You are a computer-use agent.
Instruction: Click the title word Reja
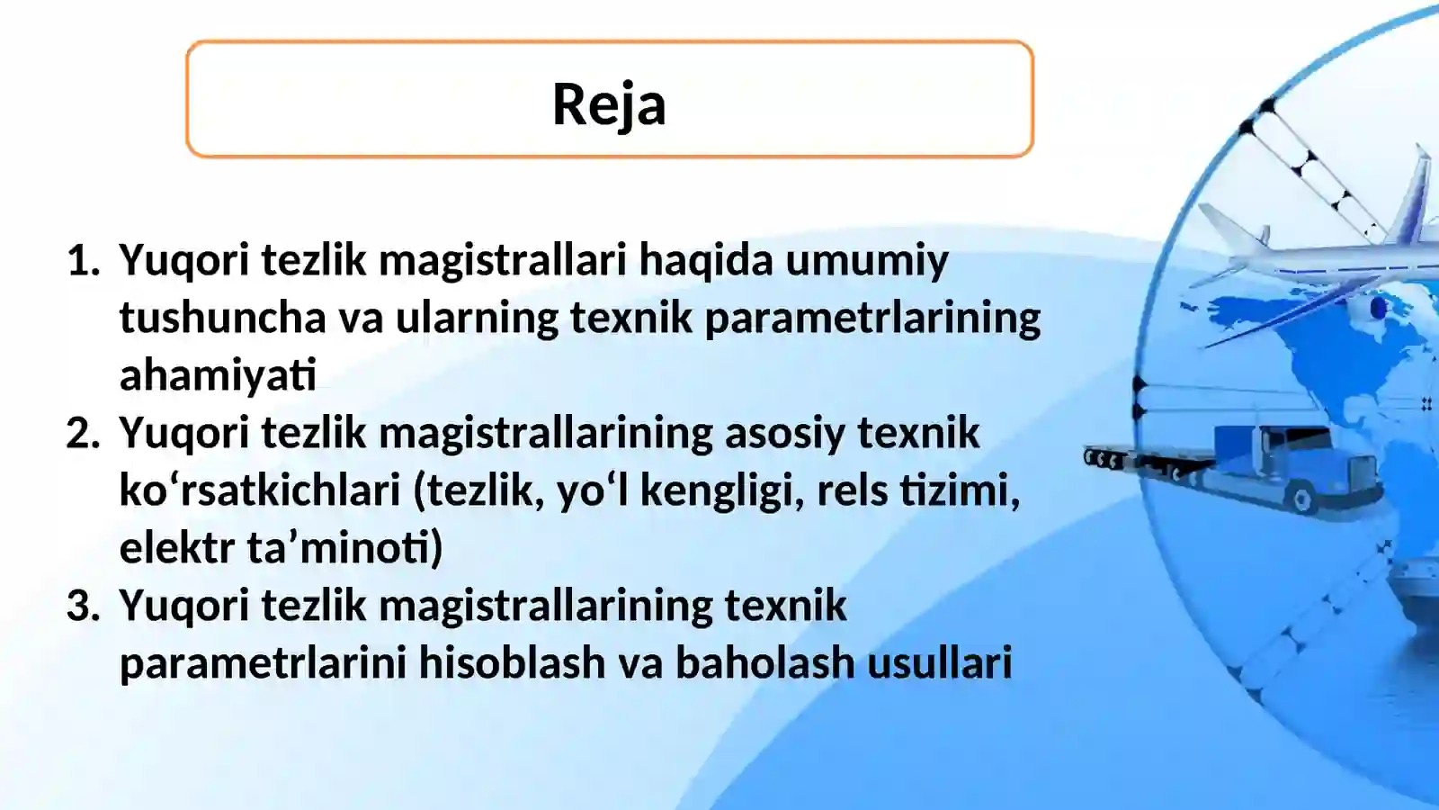[x=609, y=104]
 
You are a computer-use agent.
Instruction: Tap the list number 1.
[x=84, y=261]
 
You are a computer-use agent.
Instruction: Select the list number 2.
[x=83, y=434]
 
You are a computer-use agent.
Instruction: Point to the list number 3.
[x=83, y=607]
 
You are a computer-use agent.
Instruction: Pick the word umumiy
[x=867, y=261]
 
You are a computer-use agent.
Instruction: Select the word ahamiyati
[x=218, y=375]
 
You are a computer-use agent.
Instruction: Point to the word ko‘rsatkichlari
[x=260, y=491]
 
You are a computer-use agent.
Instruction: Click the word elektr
[x=177, y=549]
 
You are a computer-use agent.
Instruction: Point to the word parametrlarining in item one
[x=872, y=318]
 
